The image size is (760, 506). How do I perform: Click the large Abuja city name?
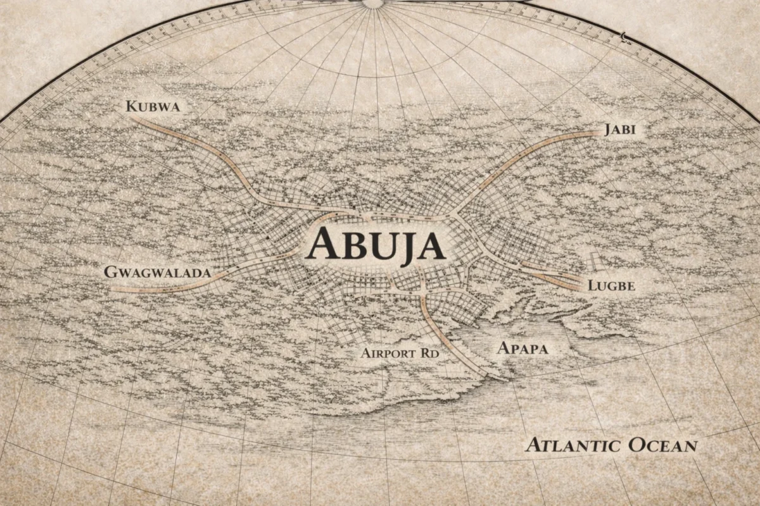(x=375, y=244)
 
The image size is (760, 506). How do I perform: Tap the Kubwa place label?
(x=153, y=106)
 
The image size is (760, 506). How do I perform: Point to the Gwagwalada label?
(x=157, y=272)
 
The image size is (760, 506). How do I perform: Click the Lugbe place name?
(x=611, y=285)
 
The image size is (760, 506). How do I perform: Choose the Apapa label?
(x=522, y=348)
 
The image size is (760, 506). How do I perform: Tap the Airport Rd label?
(x=400, y=353)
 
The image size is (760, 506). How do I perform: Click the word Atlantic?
(x=573, y=445)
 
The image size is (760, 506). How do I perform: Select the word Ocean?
(x=662, y=445)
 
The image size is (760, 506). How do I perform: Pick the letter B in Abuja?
(x=346, y=244)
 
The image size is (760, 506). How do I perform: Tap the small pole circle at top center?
(x=372, y=3)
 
